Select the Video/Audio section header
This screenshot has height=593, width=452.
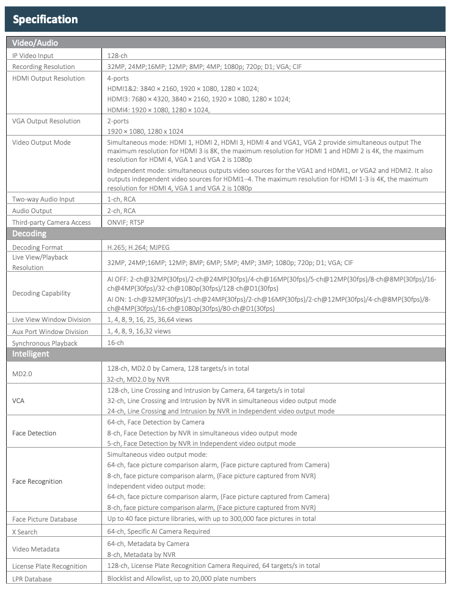pyautogui.click(x=35, y=43)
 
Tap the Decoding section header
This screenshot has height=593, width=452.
pyautogui.click(x=29, y=234)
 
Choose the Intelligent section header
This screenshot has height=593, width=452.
pyautogui.click(x=31, y=354)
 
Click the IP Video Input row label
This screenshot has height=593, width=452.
pyautogui.click(x=33, y=56)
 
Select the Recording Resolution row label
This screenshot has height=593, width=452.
pyautogui.click(x=43, y=67)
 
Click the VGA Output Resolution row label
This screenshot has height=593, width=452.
pyautogui.click(x=46, y=121)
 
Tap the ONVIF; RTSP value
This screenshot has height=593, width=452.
pyautogui.click(x=126, y=222)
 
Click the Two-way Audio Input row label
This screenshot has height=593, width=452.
pyautogui.click(x=43, y=199)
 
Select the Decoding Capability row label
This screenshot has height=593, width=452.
pyautogui.click(x=42, y=293)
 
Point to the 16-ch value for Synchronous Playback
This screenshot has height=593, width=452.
pyautogui.click(x=115, y=343)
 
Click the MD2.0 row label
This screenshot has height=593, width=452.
pyautogui.click(x=23, y=373)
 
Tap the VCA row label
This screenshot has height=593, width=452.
pyautogui.click(x=19, y=401)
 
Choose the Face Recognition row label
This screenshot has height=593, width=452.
pyautogui.click(x=37, y=481)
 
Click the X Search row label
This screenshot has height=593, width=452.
pyautogui.click(x=25, y=531)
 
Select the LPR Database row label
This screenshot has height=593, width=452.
pyautogui.click(x=32, y=578)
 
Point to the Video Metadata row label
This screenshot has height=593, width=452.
pyautogui.click(x=35, y=549)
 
